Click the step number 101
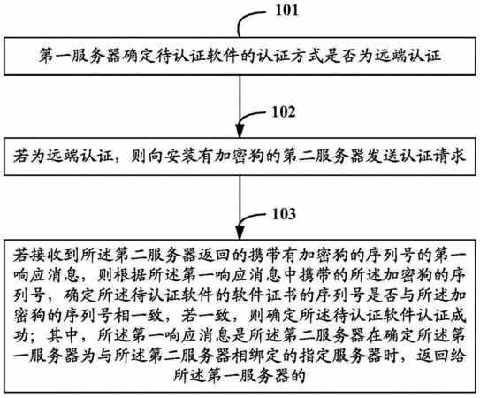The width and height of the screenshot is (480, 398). [x=286, y=10]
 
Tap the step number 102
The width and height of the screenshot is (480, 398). [x=284, y=111]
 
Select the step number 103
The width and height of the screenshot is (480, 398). [x=284, y=214]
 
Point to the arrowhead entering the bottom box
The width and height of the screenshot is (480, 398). [x=240, y=233]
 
